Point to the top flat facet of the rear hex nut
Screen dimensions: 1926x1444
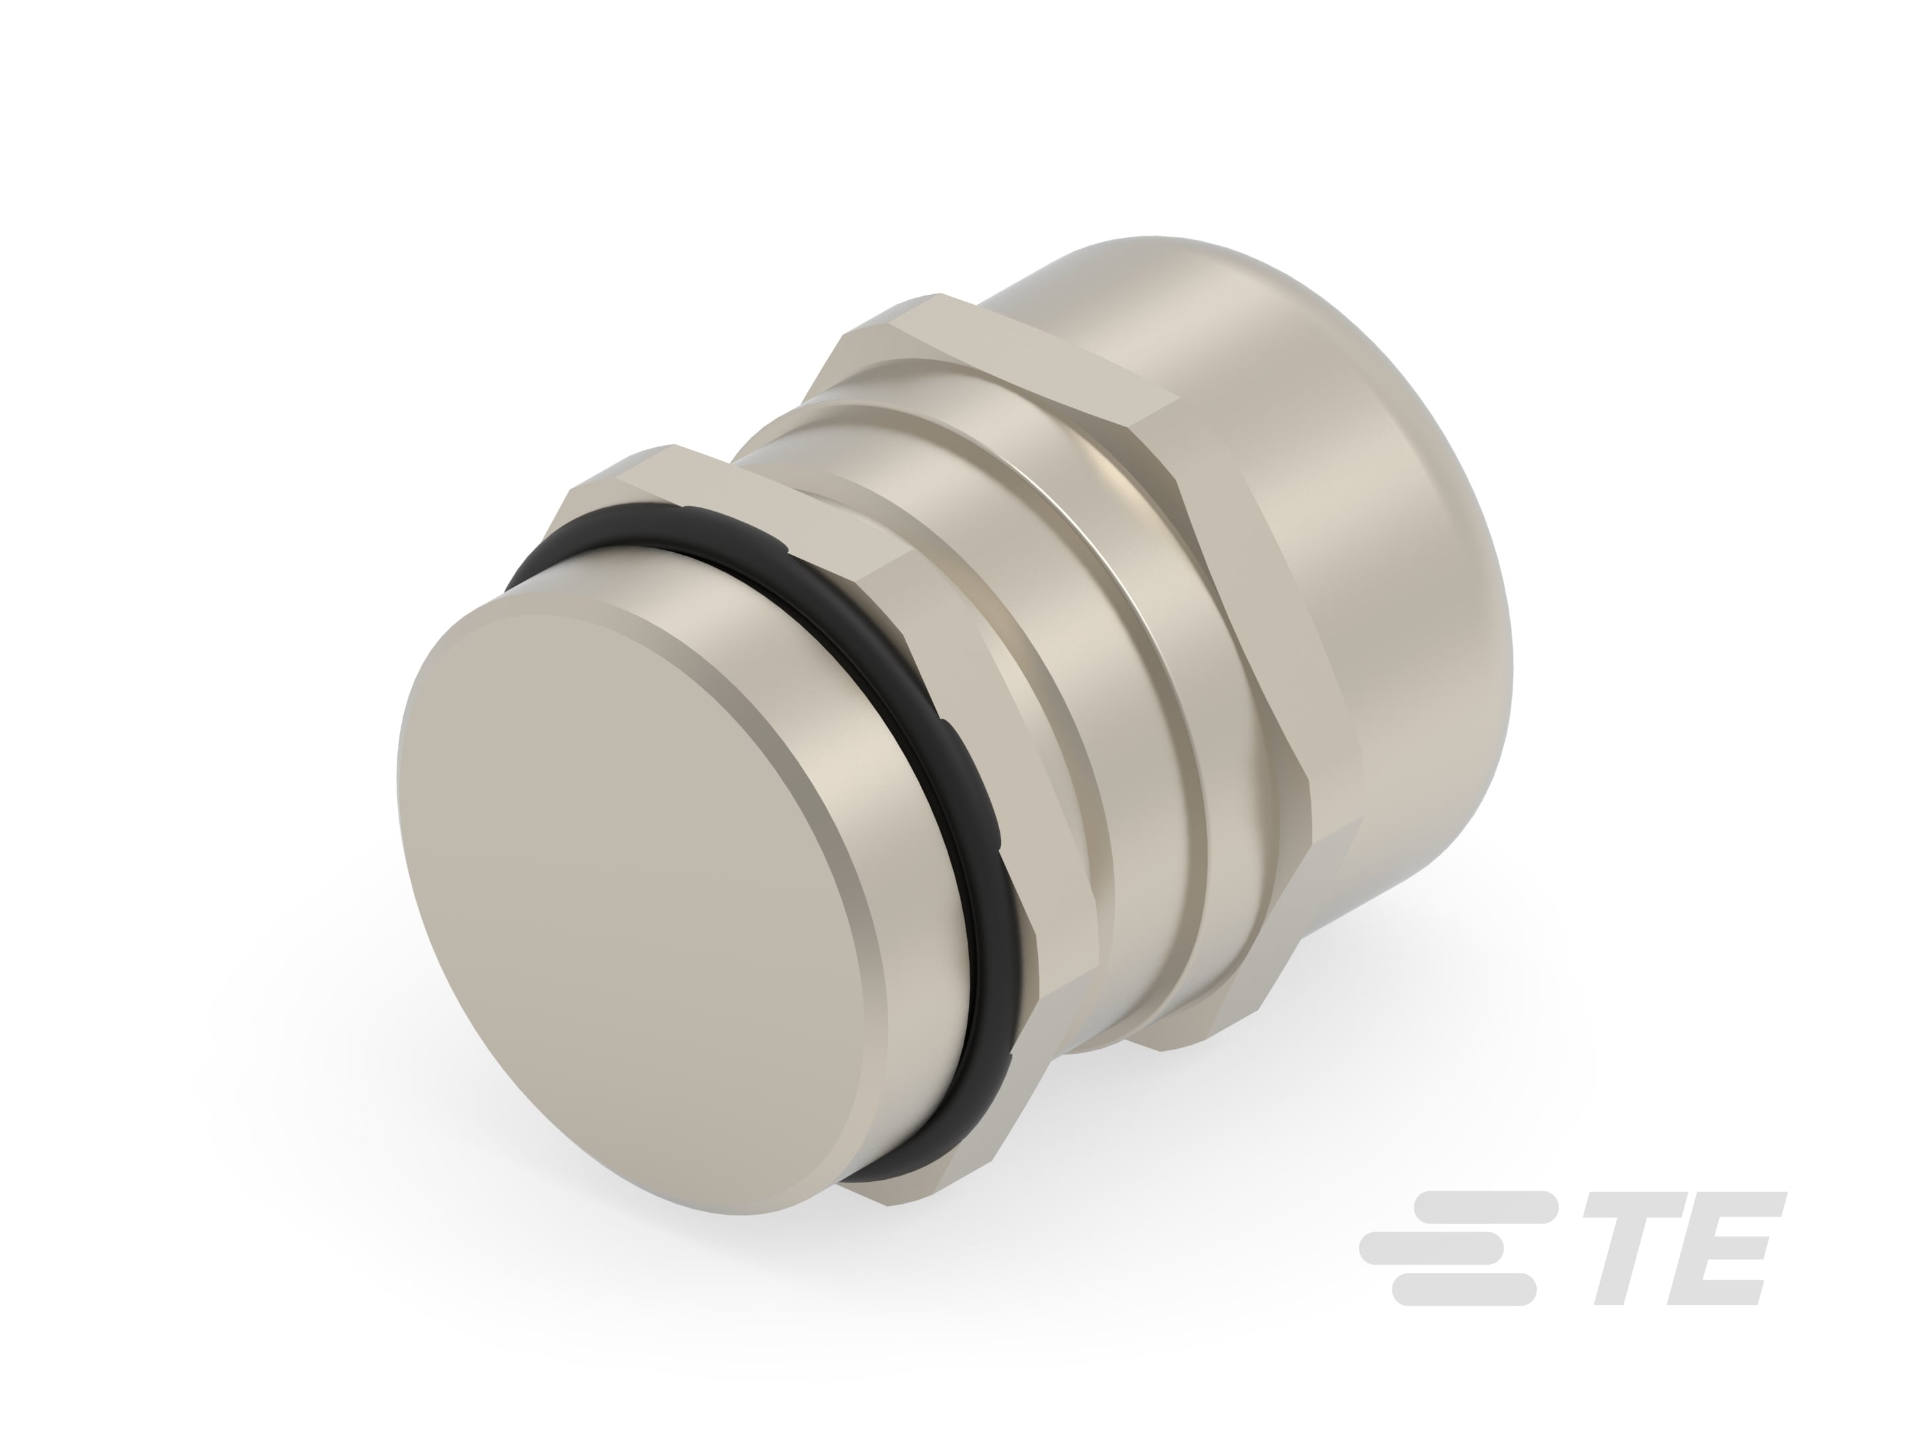click(1027, 352)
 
